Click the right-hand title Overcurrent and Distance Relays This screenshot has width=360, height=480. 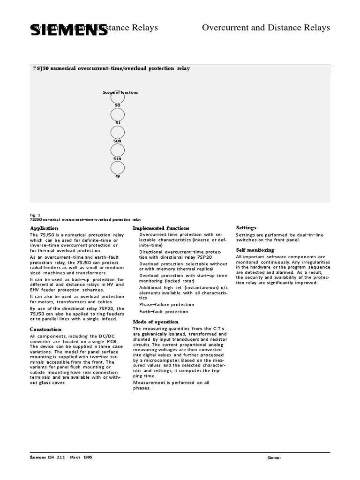click(x=266, y=28)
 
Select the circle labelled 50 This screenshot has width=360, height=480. click(x=118, y=98)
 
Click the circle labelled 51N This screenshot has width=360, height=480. click(x=118, y=150)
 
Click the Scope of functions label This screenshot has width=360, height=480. click(x=120, y=92)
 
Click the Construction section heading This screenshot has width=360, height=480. click(x=45, y=330)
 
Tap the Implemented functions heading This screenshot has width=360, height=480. click(x=161, y=228)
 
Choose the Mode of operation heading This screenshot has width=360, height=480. click(x=156, y=322)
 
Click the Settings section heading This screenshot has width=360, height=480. click(x=246, y=228)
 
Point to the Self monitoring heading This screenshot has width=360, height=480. click(x=255, y=250)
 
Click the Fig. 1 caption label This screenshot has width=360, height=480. click(x=35, y=215)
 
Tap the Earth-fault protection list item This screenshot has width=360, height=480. click(x=164, y=312)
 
